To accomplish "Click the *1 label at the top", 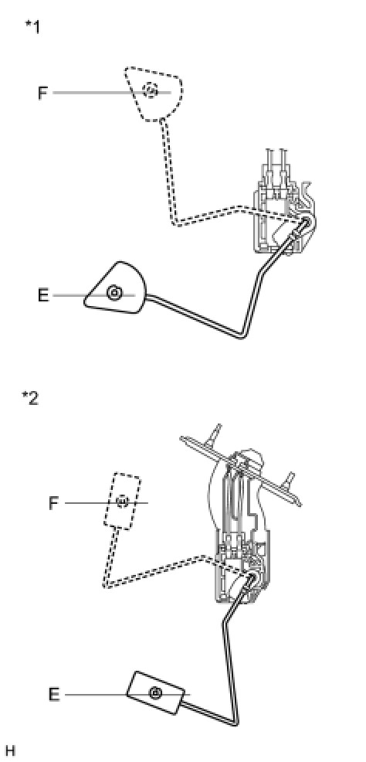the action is tap(32, 26).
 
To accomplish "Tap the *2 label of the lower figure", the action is tap(30, 398).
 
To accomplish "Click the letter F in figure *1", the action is tap(43, 93).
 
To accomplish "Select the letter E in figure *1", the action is tap(43, 295).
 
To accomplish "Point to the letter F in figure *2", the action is tap(54, 503).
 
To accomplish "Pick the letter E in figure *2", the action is tap(54, 695).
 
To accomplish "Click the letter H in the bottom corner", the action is tap(9, 750).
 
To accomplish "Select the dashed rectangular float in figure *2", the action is tap(122, 501).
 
